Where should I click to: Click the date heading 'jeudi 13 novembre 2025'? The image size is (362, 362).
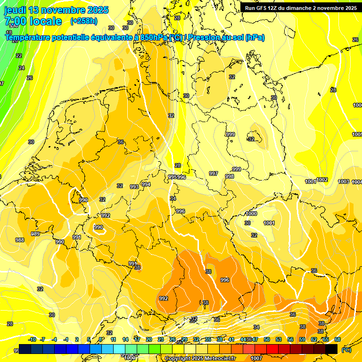point(57,10)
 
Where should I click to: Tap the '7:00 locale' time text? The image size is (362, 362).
point(33,21)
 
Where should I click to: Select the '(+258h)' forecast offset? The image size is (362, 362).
point(84,21)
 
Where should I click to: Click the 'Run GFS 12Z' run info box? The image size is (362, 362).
point(300,8)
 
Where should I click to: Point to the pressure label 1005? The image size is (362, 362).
point(357,134)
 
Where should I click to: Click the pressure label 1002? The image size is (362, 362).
point(322,180)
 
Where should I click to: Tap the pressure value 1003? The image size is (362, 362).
point(344,181)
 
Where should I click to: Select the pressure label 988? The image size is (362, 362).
point(20,240)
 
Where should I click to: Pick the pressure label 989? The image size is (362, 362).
point(35,234)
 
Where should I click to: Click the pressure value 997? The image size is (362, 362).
point(214,173)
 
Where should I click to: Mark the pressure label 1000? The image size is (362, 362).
point(251,214)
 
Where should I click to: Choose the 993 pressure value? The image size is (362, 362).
point(134,187)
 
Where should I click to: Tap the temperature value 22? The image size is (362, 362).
point(19,56)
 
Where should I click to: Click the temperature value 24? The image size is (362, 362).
point(22,68)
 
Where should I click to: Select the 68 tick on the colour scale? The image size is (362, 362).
point(337,339)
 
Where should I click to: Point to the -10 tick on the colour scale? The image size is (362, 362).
point(32,339)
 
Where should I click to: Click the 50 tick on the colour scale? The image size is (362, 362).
point(267,339)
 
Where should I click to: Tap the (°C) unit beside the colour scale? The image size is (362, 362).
point(346,350)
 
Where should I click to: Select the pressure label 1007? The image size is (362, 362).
point(257,358)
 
